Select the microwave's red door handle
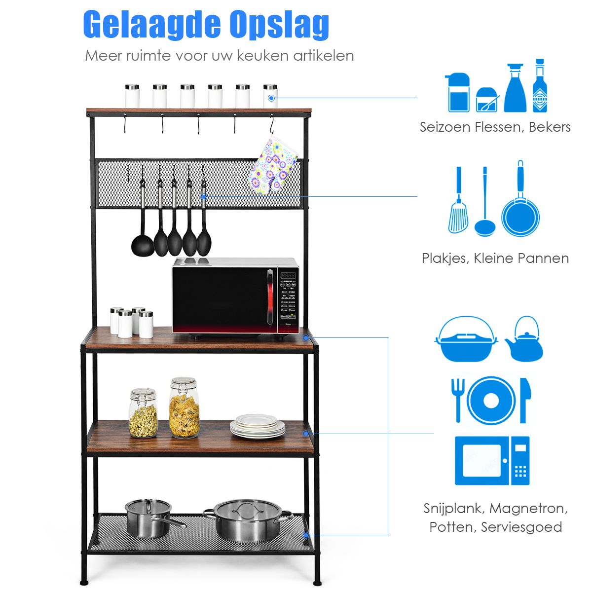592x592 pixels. point(269,296)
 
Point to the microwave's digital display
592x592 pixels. point(288,275)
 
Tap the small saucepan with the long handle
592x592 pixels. point(148,518)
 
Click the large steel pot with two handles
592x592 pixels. point(247,520)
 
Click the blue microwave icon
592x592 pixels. point(492,460)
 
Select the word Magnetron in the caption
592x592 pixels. point(528,508)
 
